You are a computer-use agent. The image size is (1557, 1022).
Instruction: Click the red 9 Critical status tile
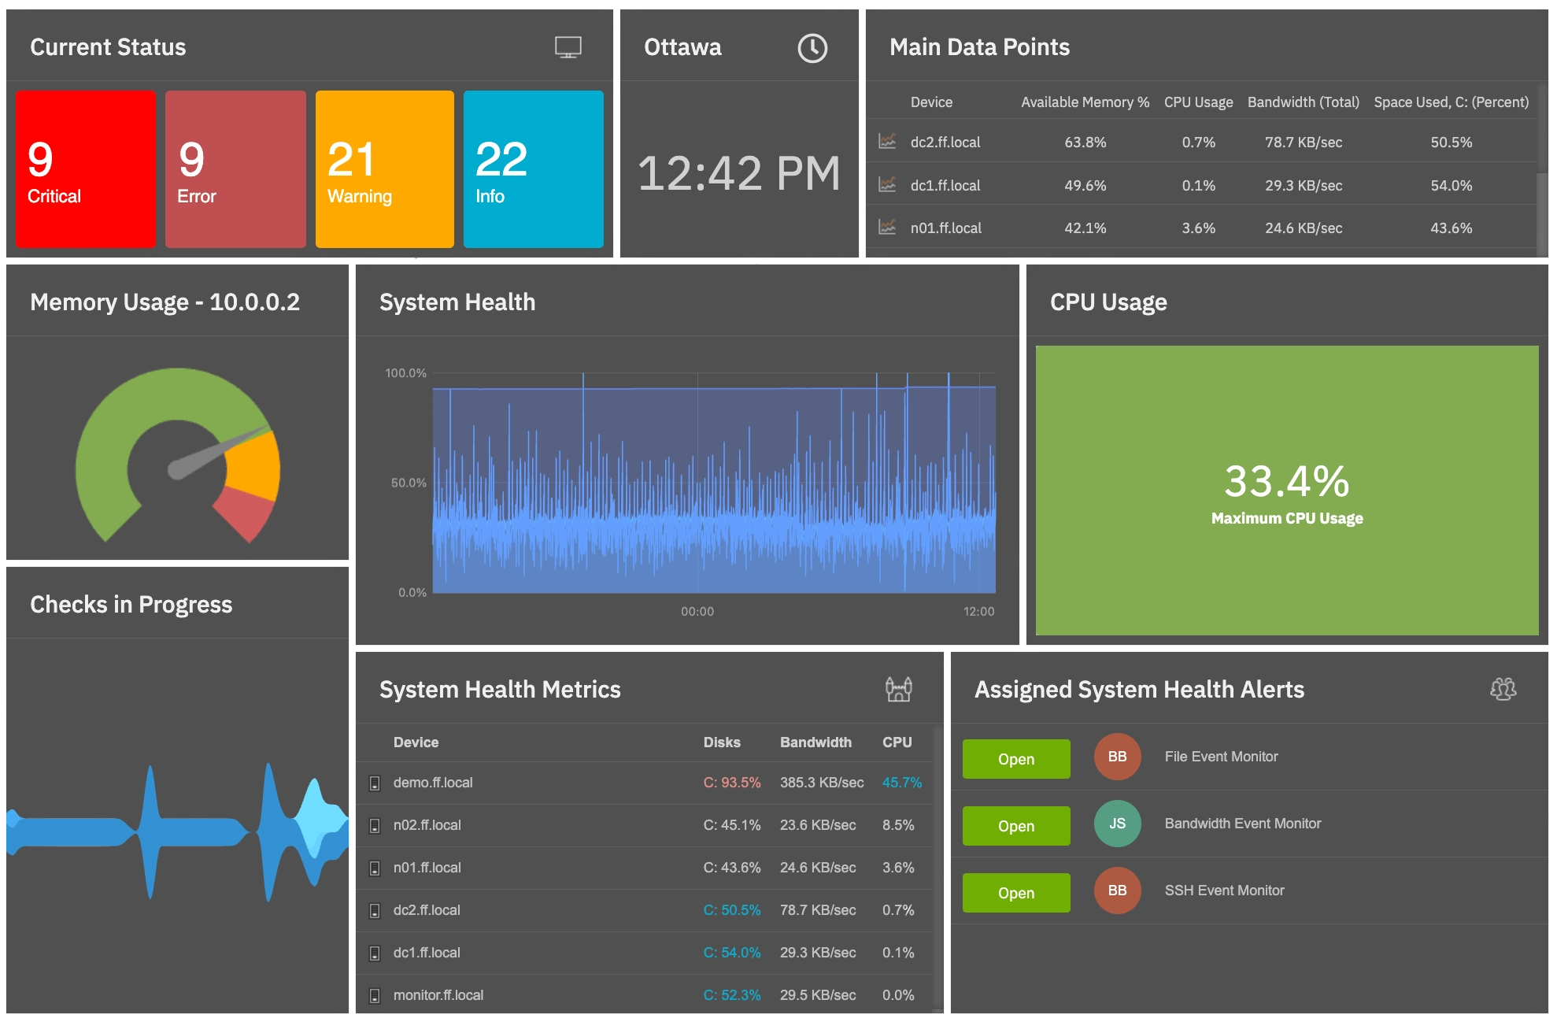tap(85, 169)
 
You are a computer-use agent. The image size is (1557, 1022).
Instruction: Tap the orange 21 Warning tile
tap(384, 169)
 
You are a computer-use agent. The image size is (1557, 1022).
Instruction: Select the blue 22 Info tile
tap(533, 169)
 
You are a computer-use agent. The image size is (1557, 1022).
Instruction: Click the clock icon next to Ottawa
tap(812, 48)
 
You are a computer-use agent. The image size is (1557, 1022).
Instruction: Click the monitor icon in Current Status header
tap(568, 47)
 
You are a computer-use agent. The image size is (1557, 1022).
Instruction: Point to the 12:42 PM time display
tap(738, 174)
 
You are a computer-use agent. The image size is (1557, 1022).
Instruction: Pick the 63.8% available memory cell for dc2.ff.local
tap(1085, 143)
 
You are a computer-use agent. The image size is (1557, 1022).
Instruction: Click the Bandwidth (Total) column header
tap(1303, 102)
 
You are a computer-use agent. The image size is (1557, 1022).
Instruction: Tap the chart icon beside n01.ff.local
tap(887, 228)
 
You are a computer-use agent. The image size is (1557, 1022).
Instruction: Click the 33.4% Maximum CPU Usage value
tap(1286, 482)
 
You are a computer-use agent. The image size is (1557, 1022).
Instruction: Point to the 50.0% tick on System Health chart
tap(409, 483)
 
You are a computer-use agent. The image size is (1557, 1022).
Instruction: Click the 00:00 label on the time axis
tap(697, 612)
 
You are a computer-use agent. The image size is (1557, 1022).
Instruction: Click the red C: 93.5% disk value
tap(731, 783)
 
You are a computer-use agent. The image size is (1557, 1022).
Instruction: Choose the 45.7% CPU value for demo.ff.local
tap(901, 783)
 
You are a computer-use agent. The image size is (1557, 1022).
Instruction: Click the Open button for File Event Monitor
tap(1015, 759)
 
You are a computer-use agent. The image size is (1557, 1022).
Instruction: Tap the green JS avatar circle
tap(1116, 824)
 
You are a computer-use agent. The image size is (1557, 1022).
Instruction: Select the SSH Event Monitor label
tap(1224, 891)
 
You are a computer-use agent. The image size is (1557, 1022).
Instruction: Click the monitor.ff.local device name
tap(438, 995)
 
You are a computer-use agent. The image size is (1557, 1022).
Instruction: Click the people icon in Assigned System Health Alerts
tap(1503, 689)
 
